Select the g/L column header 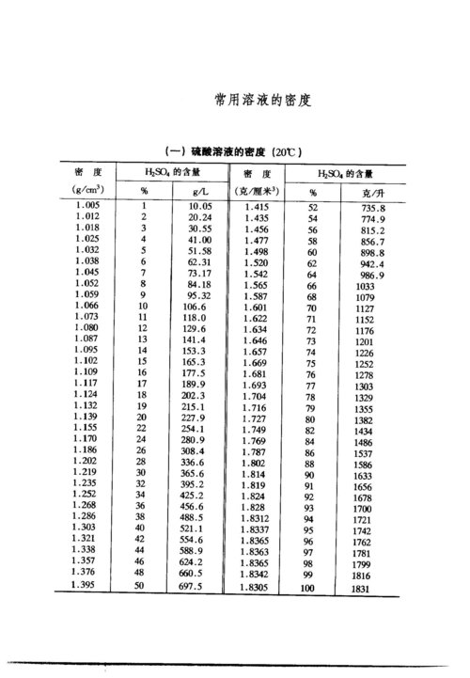pyautogui.click(x=199, y=191)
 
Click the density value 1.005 pyautogui.click(x=87, y=205)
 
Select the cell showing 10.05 pyautogui.click(x=199, y=206)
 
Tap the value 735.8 pyautogui.click(x=373, y=207)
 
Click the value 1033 pyautogui.click(x=364, y=285)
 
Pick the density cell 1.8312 pyautogui.click(x=259, y=520)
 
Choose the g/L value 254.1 pyautogui.click(x=193, y=429)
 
